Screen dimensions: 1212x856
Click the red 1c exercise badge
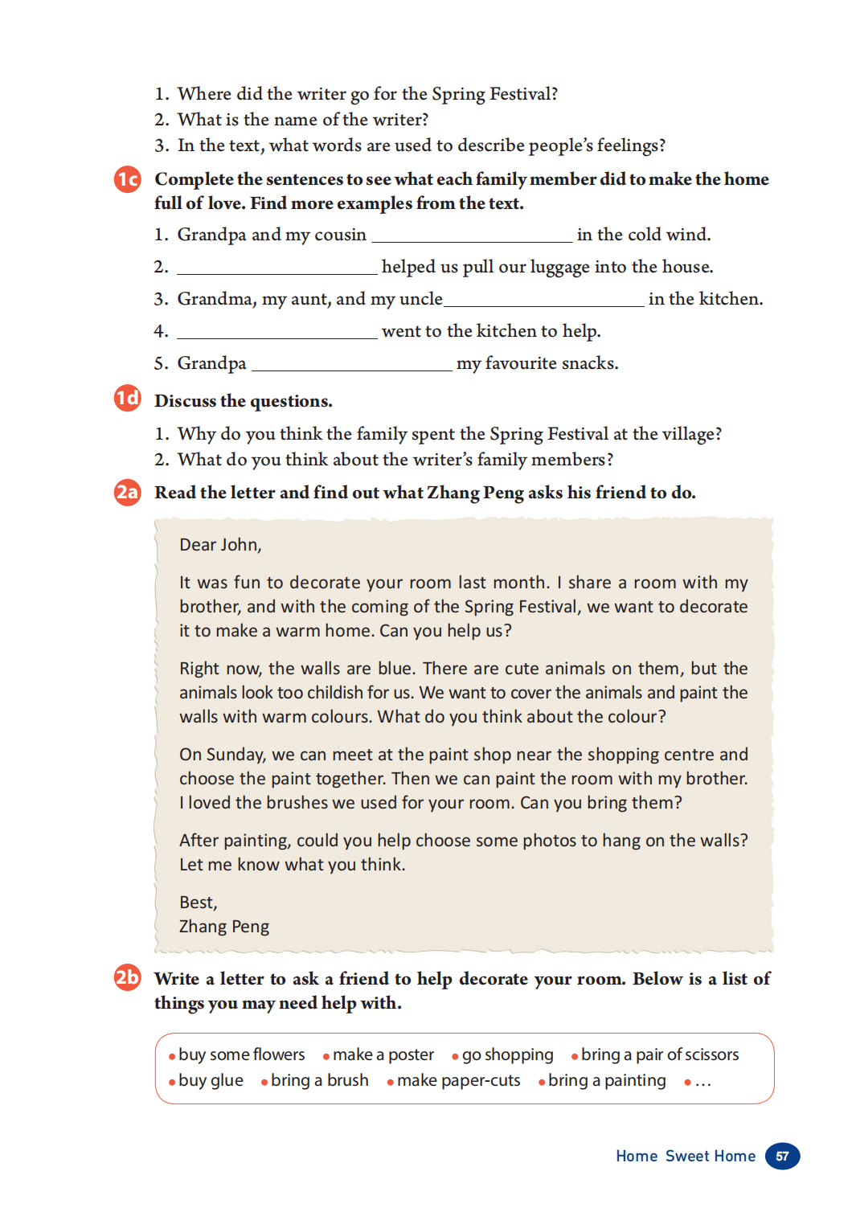[x=127, y=178]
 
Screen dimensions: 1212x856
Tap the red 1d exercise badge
[x=127, y=398]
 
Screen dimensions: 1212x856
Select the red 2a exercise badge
[x=127, y=491]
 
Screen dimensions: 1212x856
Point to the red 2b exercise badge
[x=127, y=977]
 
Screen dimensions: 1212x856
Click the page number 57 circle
[x=782, y=1156]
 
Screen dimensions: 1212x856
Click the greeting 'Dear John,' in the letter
[x=220, y=545]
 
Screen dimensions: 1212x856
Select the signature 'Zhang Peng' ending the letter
[x=224, y=927]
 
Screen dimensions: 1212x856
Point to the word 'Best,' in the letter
[x=199, y=903]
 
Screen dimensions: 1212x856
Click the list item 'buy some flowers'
[x=241, y=1054]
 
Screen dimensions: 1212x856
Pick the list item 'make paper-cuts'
[x=458, y=1080]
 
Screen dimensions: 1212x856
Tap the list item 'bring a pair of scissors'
[x=659, y=1054]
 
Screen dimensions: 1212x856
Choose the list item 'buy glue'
[x=211, y=1080]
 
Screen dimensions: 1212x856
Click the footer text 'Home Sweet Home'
[x=686, y=1156]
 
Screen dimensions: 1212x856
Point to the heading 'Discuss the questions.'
[x=243, y=401]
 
